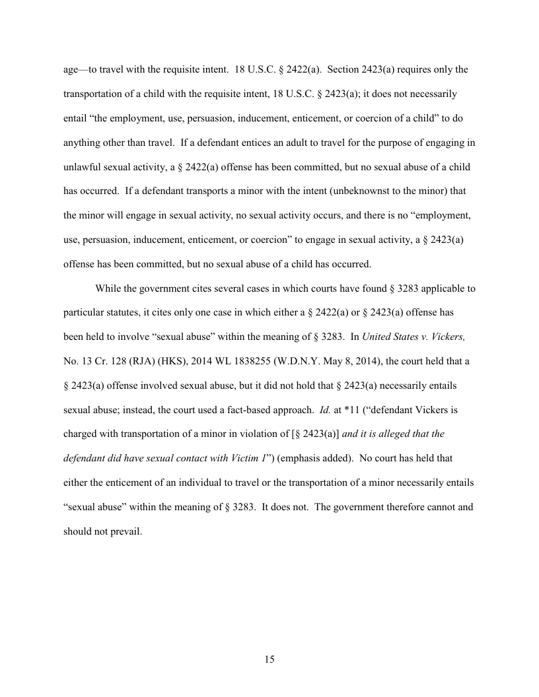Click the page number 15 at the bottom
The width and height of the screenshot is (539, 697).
click(269, 659)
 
